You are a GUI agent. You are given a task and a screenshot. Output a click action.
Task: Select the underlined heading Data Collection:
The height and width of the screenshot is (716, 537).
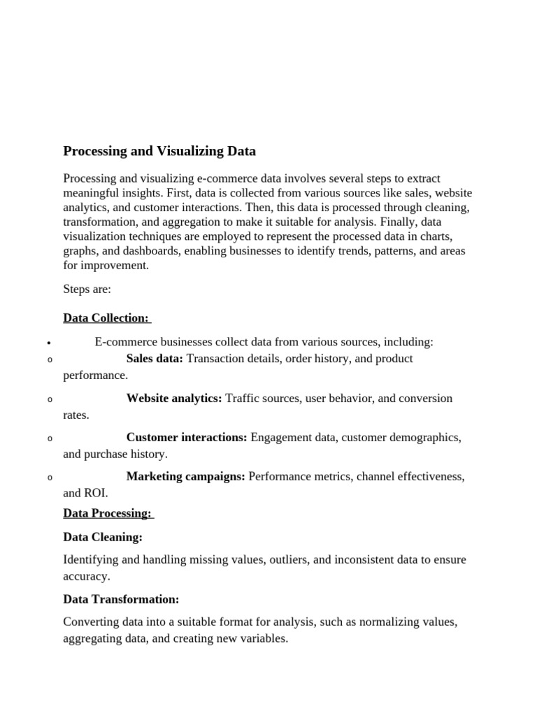point(106,318)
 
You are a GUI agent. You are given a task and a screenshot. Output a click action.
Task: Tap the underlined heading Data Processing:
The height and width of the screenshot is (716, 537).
point(107,513)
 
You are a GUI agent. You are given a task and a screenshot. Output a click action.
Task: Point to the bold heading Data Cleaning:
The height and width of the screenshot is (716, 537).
point(103,537)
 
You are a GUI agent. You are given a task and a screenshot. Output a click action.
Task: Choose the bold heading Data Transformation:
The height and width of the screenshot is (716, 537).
point(121,599)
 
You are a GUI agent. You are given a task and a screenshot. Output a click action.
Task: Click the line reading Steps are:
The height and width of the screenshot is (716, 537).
point(87,288)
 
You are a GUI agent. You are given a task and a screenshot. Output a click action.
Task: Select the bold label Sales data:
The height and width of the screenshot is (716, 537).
point(155,359)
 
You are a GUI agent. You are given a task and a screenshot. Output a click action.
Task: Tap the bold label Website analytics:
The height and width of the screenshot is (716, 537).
point(174,399)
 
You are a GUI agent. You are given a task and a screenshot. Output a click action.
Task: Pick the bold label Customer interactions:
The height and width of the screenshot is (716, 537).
point(187,438)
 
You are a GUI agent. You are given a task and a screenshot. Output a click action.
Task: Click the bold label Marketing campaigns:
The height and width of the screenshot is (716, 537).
point(185,477)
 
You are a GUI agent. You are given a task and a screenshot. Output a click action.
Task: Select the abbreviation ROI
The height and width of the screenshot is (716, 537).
point(96,493)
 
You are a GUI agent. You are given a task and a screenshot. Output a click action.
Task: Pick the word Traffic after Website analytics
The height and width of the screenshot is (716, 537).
point(244,399)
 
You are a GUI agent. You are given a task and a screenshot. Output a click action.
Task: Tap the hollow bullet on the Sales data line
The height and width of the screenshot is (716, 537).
point(50,360)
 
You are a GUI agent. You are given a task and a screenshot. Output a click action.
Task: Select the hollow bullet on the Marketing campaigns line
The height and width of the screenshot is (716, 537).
point(50,478)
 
